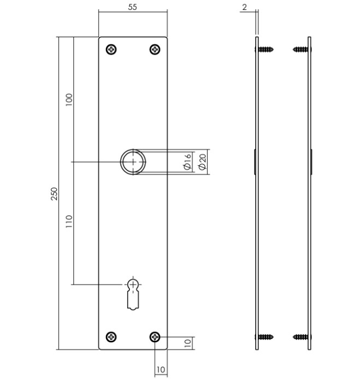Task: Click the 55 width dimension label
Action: click(x=132, y=7)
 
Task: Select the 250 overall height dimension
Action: click(x=54, y=194)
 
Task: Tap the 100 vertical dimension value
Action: click(x=69, y=100)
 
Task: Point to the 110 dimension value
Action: click(x=69, y=221)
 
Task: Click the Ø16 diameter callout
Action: click(x=187, y=162)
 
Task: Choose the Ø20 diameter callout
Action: click(x=202, y=162)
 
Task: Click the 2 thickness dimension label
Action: click(x=244, y=7)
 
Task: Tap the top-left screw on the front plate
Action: click(x=111, y=50)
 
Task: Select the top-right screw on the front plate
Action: click(x=155, y=50)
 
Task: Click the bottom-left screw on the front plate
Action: click(x=111, y=337)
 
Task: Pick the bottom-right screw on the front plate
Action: click(x=155, y=337)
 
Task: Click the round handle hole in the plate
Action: click(x=133, y=162)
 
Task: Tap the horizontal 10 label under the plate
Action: click(x=161, y=370)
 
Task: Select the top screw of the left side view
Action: click(x=265, y=50)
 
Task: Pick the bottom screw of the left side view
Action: click(x=265, y=337)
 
